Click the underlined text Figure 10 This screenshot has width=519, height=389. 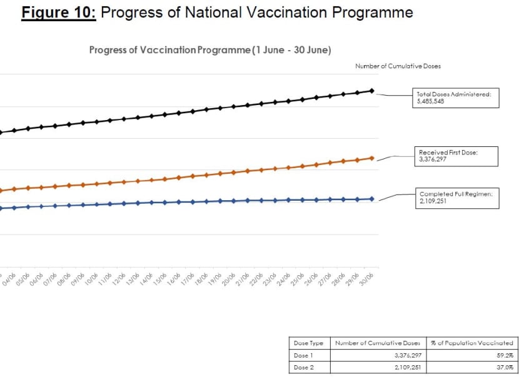pyautogui.click(x=58, y=13)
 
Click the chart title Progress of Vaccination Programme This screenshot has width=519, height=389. pyautogui.click(x=210, y=49)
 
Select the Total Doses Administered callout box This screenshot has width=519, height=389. pyautogui.click(x=455, y=98)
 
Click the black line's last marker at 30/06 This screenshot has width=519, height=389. pyautogui.click(x=372, y=91)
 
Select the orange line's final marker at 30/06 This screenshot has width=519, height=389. pyautogui.click(x=372, y=158)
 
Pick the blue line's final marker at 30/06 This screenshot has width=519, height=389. pyautogui.click(x=372, y=199)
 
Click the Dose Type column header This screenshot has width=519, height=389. pyautogui.click(x=309, y=343)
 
